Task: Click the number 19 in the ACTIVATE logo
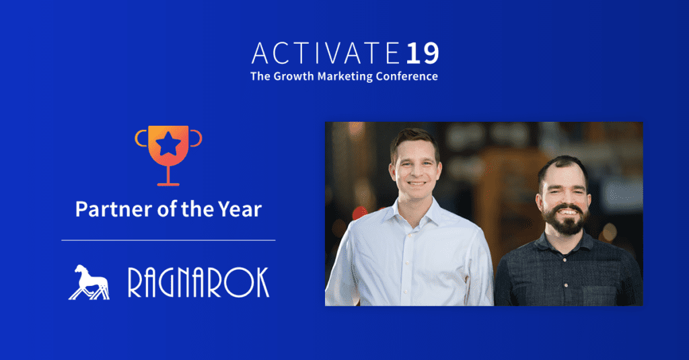[423, 53]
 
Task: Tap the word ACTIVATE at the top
[326, 53]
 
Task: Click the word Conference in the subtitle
[406, 76]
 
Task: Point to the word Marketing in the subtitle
[345, 77]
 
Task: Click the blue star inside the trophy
[168, 144]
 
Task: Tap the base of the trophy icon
[168, 184]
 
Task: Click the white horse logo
[89, 282]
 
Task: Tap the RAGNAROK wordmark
[198, 283]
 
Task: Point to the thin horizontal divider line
[168, 240]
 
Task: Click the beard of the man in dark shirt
[566, 222]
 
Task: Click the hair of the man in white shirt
[414, 139]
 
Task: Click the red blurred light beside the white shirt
[360, 213]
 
